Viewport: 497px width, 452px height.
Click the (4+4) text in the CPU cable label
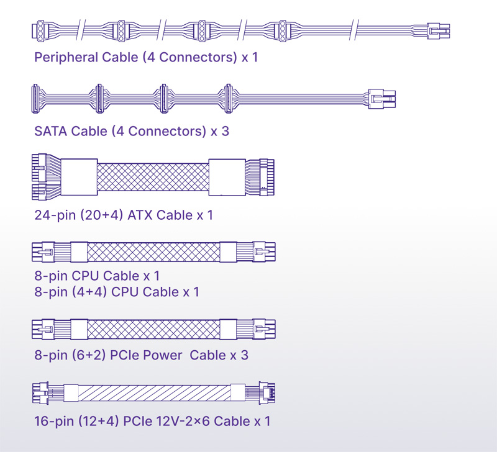[89, 292]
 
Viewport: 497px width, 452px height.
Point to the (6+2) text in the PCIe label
[89, 355]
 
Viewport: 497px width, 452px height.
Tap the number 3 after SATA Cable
[226, 131]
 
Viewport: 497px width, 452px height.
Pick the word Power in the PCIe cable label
[162, 355]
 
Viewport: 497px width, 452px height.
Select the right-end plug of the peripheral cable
[439, 31]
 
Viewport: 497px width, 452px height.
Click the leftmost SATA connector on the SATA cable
[35, 99]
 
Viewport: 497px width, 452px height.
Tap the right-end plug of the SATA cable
[382, 99]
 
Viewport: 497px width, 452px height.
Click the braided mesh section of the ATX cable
[153, 177]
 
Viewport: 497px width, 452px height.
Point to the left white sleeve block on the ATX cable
[79, 177]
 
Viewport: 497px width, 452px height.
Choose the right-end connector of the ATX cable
[267, 177]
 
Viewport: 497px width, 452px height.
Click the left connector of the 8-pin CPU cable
[43, 252]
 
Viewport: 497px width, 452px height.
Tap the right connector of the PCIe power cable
[264, 329]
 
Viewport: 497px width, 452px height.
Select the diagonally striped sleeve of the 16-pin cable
[154, 393]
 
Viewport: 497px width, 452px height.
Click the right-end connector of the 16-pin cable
[267, 393]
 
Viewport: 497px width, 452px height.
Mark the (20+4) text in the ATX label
[101, 215]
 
